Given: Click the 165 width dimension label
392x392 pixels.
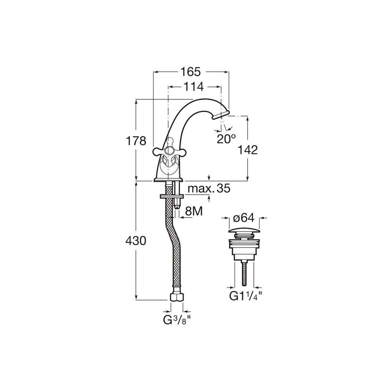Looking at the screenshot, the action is [x=190, y=72].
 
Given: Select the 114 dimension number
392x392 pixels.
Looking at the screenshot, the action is [x=193, y=87].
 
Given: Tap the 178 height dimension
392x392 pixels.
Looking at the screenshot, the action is [x=136, y=141].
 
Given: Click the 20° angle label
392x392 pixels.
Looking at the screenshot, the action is [x=226, y=139].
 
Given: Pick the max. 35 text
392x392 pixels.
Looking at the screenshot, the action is [x=209, y=188].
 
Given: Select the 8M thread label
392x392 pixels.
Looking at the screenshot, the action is [x=194, y=211].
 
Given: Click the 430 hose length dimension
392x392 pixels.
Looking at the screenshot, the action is [x=136, y=241].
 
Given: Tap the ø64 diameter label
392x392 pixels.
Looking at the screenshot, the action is [x=244, y=218].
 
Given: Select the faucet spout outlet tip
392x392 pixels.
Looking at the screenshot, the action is [x=220, y=115].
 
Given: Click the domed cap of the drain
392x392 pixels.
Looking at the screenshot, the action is [x=244, y=231].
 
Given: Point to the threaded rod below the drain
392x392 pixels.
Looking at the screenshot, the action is [x=244, y=273].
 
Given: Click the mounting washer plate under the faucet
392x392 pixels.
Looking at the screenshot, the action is [x=172, y=196].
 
